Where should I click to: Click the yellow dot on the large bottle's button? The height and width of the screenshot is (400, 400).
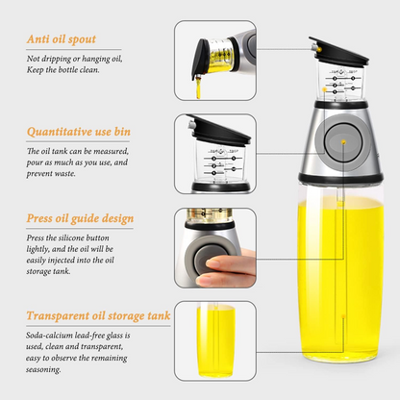coord(343,144)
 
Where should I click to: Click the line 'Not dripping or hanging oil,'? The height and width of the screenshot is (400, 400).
coord(72,59)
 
